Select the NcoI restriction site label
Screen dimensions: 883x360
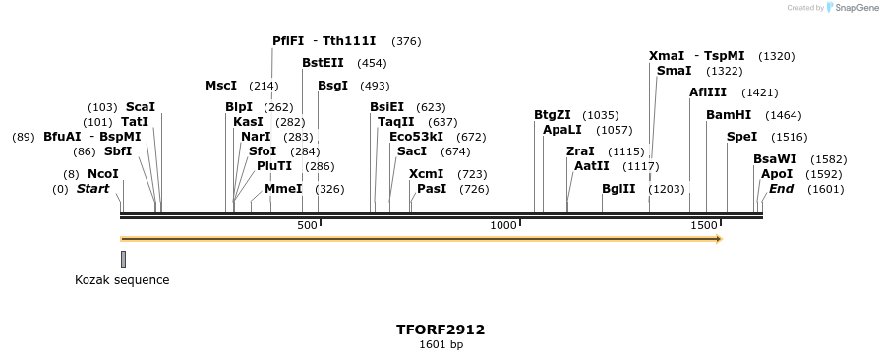point(103,174)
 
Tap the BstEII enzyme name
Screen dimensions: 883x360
point(323,62)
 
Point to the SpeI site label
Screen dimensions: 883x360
point(741,137)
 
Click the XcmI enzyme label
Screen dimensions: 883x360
point(427,174)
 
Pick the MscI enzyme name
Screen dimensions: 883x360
point(221,86)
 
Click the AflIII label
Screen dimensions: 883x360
point(708,92)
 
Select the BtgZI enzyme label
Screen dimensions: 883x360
point(553,115)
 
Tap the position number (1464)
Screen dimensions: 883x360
point(783,115)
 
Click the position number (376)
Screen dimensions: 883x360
point(406,41)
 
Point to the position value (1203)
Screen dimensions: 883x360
point(667,188)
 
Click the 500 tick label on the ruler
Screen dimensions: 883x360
point(307,226)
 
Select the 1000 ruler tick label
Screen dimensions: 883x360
point(503,226)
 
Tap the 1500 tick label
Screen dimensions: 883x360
point(704,226)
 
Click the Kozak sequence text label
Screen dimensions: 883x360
point(122,280)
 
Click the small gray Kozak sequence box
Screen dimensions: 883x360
point(123,259)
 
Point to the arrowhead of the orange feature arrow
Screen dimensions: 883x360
point(719,239)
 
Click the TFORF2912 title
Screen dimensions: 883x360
point(441,330)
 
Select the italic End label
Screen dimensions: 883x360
point(781,188)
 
